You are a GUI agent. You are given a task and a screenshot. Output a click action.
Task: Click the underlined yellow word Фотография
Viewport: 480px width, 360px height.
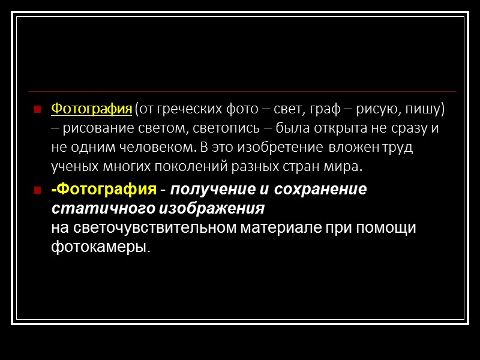tap(91, 109)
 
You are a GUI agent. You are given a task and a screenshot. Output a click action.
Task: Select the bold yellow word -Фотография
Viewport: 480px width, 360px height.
tap(103, 190)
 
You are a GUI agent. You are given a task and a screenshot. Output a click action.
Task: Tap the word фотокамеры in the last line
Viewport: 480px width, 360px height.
tap(98, 247)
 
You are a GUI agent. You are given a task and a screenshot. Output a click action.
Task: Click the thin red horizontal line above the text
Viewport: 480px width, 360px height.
tap(240, 92)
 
